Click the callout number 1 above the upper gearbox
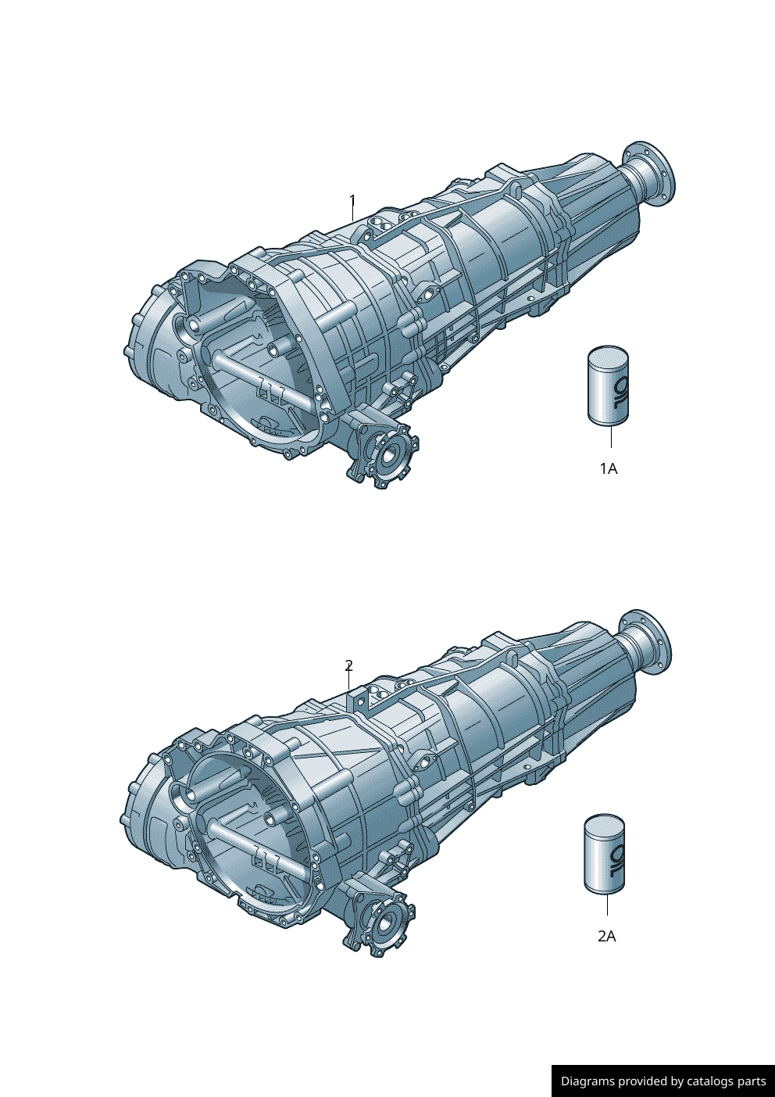click(x=352, y=202)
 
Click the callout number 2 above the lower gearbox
click(x=349, y=665)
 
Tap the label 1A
click(x=609, y=469)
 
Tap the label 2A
click(x=607, y=937)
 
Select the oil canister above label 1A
click(x=608, y=385)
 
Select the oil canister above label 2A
click(x=605, y=854)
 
